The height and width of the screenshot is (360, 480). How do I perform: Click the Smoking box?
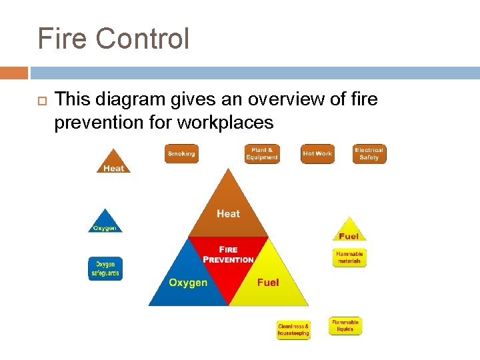click(181, 154)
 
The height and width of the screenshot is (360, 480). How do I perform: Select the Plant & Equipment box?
click(262, 154)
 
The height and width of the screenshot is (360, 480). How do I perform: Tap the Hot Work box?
click(317, 154)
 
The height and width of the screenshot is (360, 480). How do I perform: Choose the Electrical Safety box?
click(369, 154)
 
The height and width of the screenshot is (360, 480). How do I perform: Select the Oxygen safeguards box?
click(105, 269)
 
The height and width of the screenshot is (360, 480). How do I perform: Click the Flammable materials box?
click(349, 257)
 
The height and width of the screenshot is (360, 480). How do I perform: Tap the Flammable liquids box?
click(345, 326)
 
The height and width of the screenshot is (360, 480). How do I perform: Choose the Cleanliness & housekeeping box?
click(293, 330)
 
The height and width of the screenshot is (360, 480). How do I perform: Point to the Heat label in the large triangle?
click(228, 213)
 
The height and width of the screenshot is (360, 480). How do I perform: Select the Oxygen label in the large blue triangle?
click(188, 283)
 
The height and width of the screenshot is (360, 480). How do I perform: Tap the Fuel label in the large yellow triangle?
click(268, 283)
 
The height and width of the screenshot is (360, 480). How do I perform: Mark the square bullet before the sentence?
click(39, 101)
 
